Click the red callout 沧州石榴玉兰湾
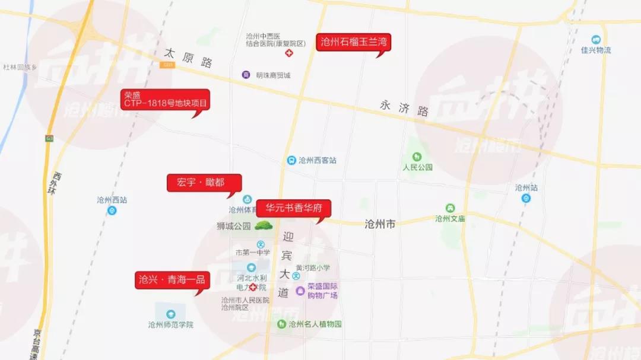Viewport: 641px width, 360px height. tap(353, 42)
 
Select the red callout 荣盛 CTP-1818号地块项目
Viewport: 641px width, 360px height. tap(166, 99)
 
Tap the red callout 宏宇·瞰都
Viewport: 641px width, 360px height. tap(204, 183)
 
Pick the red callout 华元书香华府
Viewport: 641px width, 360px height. tap(293, 209)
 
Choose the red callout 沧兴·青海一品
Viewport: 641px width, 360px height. tap(172, 280)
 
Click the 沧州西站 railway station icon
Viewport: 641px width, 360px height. tap(112, 211)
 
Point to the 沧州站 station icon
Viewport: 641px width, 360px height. tap(526, 198)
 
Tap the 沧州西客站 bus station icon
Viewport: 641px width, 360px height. tap(291, 160)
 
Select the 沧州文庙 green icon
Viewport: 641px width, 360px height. tap(450, 208)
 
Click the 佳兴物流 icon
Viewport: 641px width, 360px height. tap(596, 40)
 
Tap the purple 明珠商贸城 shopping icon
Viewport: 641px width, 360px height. tap(246, 75)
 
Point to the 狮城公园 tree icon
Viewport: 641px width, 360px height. tap(263, 225)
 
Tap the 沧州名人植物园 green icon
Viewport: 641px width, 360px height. tap(281, 324)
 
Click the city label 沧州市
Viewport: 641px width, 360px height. tap(380, 224)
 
